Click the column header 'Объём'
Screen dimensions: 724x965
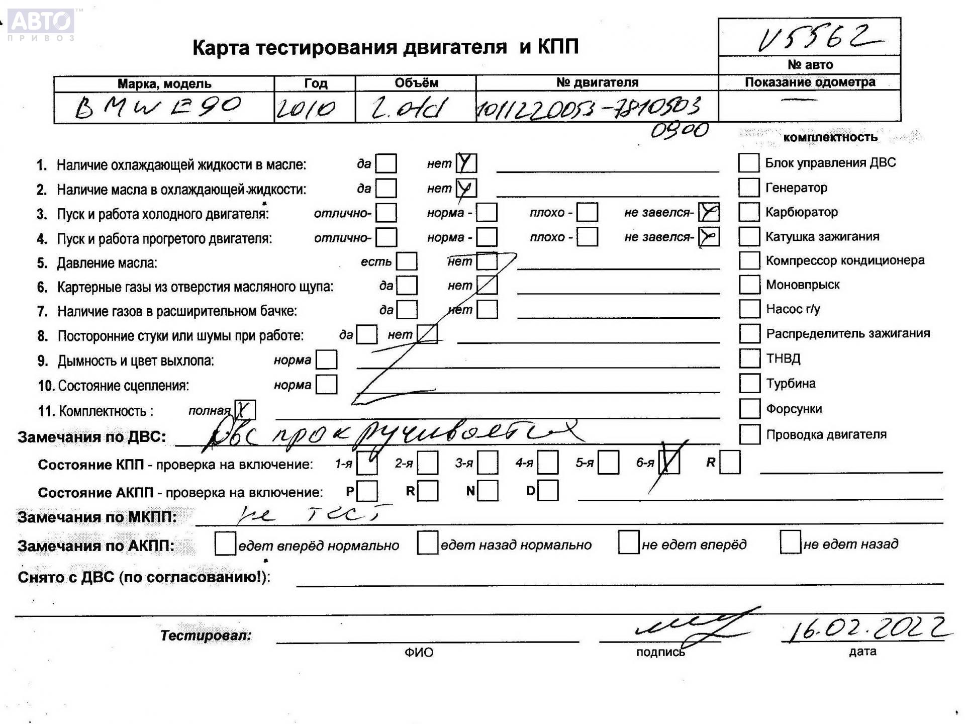pos(416,83)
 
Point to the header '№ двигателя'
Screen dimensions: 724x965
pos(597,82)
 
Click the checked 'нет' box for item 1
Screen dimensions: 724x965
pos(466,163)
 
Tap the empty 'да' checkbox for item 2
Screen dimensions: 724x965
pos(386,189)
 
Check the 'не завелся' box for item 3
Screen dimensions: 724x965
pos(709,213)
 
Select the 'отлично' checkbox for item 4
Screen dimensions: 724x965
pos(386,237)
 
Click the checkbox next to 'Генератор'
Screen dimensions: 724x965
pos(748,188)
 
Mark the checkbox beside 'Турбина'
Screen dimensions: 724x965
pos(749,383)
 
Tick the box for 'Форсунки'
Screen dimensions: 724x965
pos(749,409)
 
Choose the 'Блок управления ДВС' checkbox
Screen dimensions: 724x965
pos(748,163)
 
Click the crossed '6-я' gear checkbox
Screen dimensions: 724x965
pos(669,463)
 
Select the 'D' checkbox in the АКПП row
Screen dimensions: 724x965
pos(548,491)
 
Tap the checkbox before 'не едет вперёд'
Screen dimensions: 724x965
pos(628,542)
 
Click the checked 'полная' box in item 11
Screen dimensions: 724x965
pos(245,410)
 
